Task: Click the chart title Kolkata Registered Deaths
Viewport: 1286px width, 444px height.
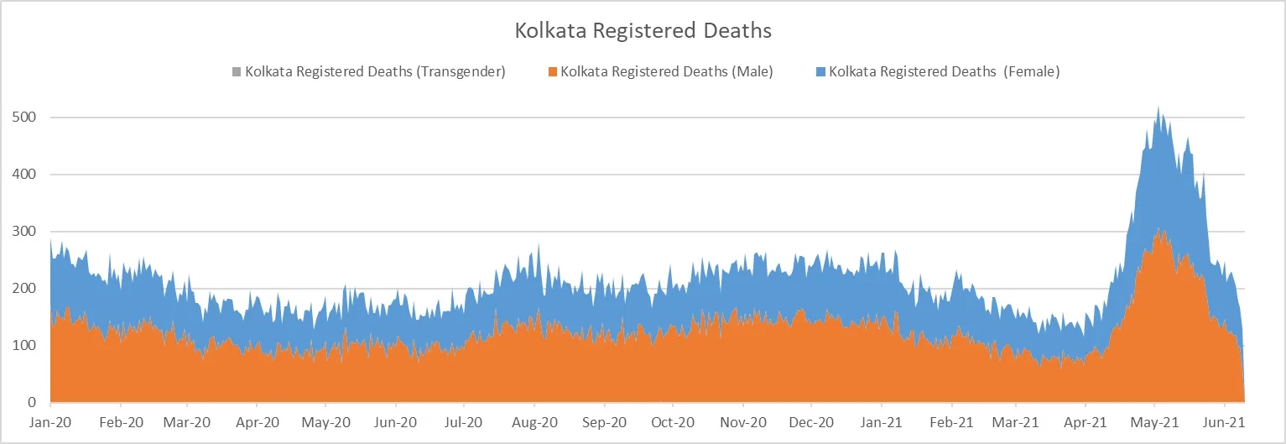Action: coord(642,32)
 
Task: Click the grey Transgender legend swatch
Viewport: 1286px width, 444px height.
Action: coord(237,71)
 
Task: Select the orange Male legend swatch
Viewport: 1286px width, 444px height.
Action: coord(553,71)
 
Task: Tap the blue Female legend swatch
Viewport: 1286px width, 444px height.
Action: coord(821,71)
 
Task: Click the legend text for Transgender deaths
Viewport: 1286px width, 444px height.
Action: coord(375,71)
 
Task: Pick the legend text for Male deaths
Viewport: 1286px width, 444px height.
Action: coord(667,71)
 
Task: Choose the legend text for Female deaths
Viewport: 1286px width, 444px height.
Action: coord(945,71)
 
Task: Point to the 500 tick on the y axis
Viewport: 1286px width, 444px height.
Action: coord(26,118)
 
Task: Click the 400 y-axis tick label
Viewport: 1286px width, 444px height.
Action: coord(26,175)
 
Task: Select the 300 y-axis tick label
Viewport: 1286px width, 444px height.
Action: coord(26,232)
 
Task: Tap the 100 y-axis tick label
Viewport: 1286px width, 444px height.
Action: coord(26,346)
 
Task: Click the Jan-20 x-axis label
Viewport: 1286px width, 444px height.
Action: coord(50,422)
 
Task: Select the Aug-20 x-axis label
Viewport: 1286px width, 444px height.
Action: coord(534,422)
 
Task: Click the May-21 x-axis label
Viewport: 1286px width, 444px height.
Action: coord(1154,422)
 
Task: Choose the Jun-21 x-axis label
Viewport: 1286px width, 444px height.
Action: coord(1224,422)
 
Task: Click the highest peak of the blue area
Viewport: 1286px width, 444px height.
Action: coord(1158,107)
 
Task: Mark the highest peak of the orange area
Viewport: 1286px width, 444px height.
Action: coord(1158,228)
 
